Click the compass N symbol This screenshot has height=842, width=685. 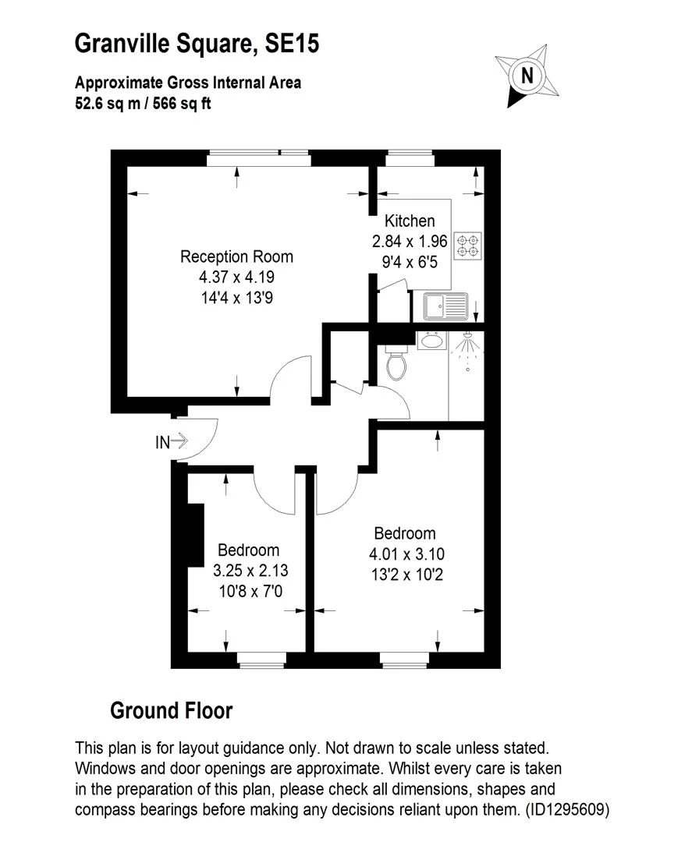tap(527, 76)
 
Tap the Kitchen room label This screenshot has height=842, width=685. tap(403, 222)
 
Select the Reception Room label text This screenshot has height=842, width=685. tap(236, 256)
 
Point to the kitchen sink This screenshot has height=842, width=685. tap(444, 306)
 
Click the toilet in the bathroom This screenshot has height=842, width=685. tap(396, 363)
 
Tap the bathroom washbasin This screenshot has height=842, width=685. tap(431, 341)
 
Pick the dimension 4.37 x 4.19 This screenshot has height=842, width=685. tap(236, 277)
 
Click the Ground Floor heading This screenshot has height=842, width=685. tap(171, 710)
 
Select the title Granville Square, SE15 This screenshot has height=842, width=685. tap(197, 43)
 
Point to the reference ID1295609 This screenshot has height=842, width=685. tap(565, 809)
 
